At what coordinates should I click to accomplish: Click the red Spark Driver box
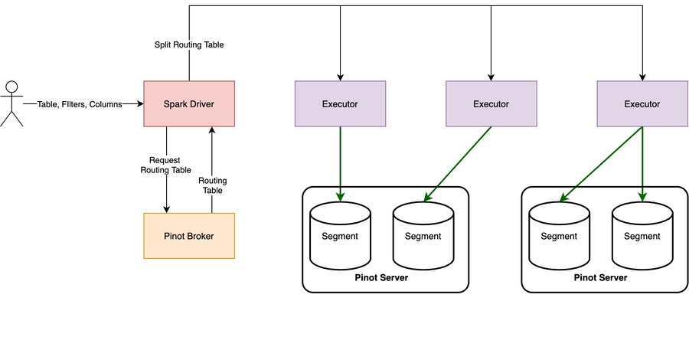click(x=189, y=103)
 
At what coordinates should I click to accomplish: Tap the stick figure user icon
click(x=11, y=103)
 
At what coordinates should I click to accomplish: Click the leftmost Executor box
click(x=340, y=103)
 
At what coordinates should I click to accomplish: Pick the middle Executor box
click(x=491, y=103)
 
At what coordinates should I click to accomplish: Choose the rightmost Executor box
click(x=642, y=103)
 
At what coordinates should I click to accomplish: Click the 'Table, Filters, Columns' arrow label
click(x=79, y=103)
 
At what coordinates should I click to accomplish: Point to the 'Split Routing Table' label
click(x=189, y=44)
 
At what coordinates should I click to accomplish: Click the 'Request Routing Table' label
click(x=166, y=165)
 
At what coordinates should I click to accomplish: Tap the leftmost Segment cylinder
click(x=340, y=236)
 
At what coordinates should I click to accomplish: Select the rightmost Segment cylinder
click(x=642, y=236)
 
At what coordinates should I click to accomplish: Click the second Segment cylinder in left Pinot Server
click(x=423, y=236)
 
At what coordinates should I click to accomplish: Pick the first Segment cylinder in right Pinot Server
click(x=559, y=236)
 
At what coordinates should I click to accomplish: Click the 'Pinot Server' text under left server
click(x=381, y=277)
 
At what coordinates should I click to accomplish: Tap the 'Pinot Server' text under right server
click(x=600, y=277)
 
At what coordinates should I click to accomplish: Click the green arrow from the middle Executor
click(x=458, y=164)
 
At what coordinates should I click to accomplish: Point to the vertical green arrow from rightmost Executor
click(x=642, y=164)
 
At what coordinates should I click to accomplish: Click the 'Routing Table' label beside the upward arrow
click(x=212, y=185)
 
